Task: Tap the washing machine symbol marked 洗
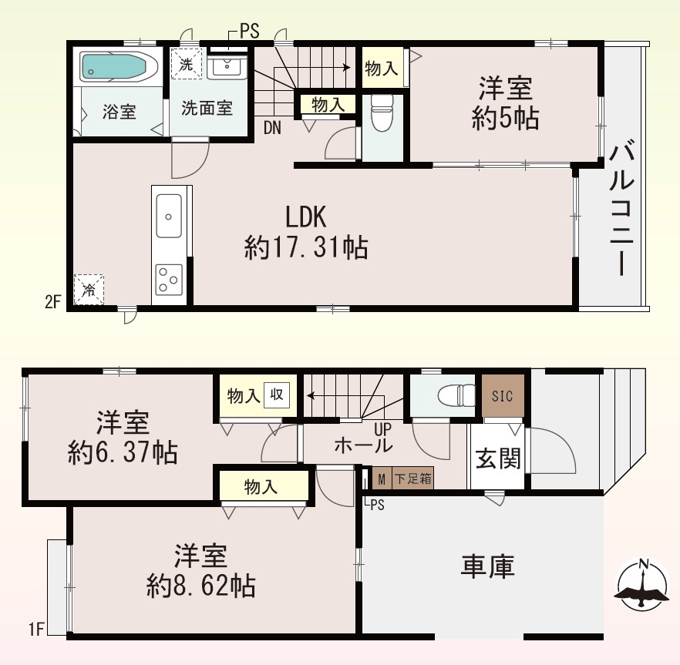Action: tap(187, 64)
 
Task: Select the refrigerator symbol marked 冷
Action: tap(89, 290)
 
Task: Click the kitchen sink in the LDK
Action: tap(169, 216)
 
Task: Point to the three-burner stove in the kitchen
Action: tap(169, 280)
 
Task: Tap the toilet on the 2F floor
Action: tap(382, 113)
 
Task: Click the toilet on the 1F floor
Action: tap(456, 395)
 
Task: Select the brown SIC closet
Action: tap(503, 395)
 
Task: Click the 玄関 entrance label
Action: tap(498, 458)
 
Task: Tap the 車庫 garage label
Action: tap(487, 566)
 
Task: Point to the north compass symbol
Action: tap(642, 585)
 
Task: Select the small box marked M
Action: tap(382, 479)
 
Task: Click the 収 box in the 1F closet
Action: tap(276, 395)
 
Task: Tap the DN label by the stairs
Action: tap(272, 128)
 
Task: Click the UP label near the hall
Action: tap(383, 429)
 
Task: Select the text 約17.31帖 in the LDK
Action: tap(306, 247)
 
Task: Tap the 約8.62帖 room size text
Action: tap(200, 586)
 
